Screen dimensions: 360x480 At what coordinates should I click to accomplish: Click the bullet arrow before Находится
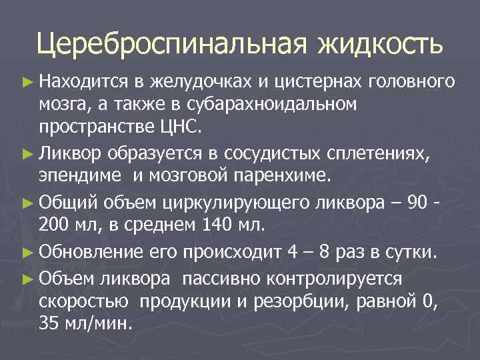click(x=27, y=82)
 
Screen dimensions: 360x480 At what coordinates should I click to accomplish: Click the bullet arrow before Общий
click(x=27, y=201)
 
